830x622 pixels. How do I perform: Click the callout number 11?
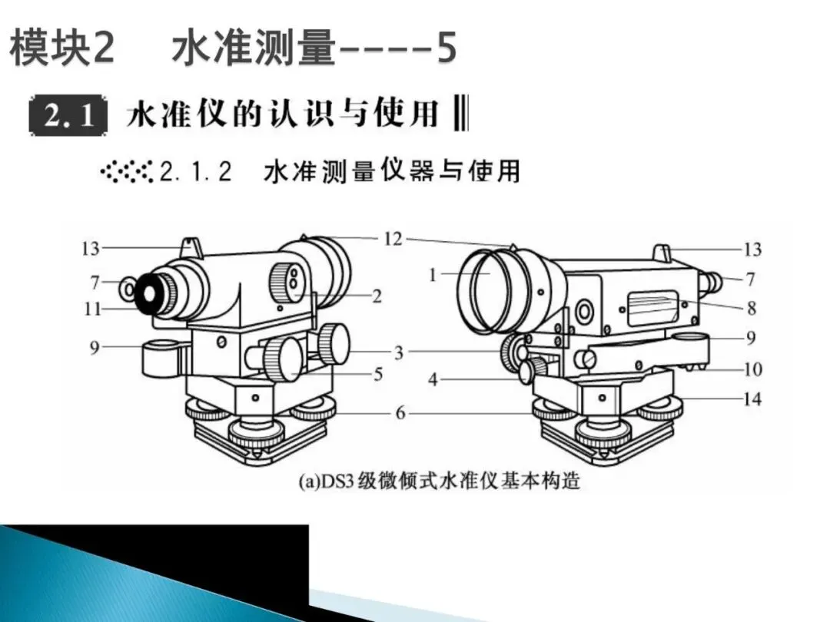[x=92, y=309]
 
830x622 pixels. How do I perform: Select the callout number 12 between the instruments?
[x=393, y=239]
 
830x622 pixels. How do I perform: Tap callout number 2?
[x=377, y=296]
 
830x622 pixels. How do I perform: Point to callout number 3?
[x=399, y=352]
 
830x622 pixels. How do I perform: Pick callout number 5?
[x=378, y=375]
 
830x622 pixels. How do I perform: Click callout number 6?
[x=400, y=412]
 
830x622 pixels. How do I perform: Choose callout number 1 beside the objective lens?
[x=433, y=275]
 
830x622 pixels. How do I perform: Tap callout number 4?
[x=433, y=379]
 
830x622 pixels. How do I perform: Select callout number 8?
[x=751, y=308]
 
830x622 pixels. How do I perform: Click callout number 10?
[x=752, y=369]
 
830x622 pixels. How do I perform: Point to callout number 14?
[x=752, y=399]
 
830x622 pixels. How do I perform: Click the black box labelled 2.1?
[x=68, y=115]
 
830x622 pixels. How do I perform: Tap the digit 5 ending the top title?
[x=447, y=48]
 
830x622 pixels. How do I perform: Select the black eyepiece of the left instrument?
[x=148, y=293]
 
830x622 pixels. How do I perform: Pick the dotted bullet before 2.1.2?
[x=127, y=171]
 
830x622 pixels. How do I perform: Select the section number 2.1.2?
[x=196, y=172]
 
